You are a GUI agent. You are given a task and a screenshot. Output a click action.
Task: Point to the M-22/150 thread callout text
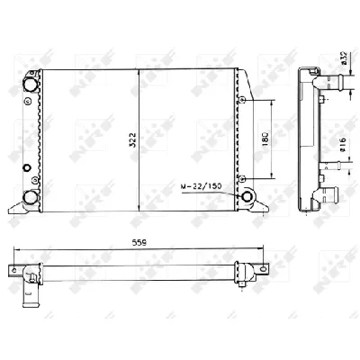[x=201, y=186]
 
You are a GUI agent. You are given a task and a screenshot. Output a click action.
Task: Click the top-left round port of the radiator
[x=31, y=83]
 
